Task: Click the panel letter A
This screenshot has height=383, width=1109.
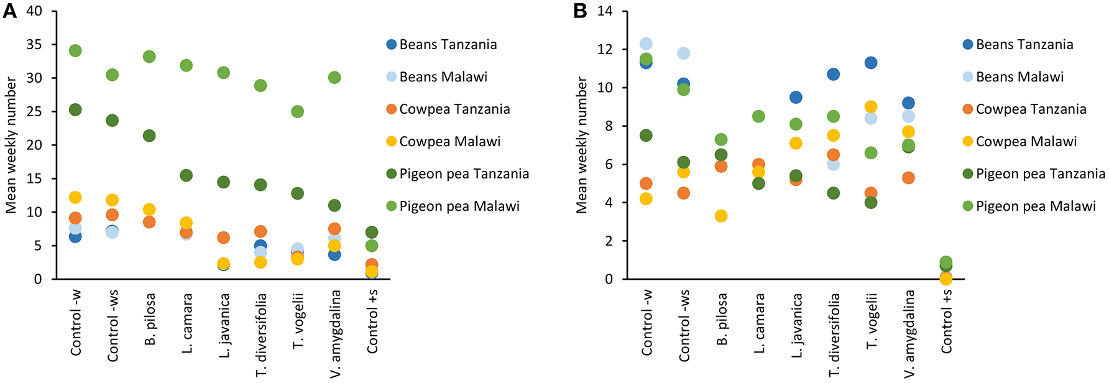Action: click(9, 11)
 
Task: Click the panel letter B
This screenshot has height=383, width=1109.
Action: click(579, 11)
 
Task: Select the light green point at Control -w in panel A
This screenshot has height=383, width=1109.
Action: click(75, 50)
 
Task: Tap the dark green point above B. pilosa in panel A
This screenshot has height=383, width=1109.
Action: click(149, 136)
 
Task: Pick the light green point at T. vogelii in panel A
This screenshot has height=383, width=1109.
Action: click(298, 111)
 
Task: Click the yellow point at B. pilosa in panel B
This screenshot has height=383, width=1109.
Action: click(721, 216)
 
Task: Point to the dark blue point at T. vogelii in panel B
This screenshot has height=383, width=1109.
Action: click(871, 63)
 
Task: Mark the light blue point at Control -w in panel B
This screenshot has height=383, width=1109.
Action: click(646, 44)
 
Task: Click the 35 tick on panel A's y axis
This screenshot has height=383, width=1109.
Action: click(34, 45)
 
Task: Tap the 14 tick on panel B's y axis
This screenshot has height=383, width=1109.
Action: click(605, 11)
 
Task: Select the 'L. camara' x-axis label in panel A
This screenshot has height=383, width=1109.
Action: click(187, 323)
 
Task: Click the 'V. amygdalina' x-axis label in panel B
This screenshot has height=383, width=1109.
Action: click(909, 333)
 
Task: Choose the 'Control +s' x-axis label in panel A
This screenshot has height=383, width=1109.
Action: click(372, 322)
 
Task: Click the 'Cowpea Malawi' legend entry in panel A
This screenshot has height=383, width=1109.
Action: click(449, 141)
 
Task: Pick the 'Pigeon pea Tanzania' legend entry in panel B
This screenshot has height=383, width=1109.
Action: click(1040, 173)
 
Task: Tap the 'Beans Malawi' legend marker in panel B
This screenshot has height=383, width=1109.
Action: click(967, 76)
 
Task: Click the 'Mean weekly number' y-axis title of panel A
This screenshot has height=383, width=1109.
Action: click(11, 145)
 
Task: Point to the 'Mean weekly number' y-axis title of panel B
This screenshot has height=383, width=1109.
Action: click(581, 145)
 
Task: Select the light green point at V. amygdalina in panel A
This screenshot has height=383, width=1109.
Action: click(334, 78)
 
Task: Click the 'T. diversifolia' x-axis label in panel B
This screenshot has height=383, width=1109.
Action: click(834, 335)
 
